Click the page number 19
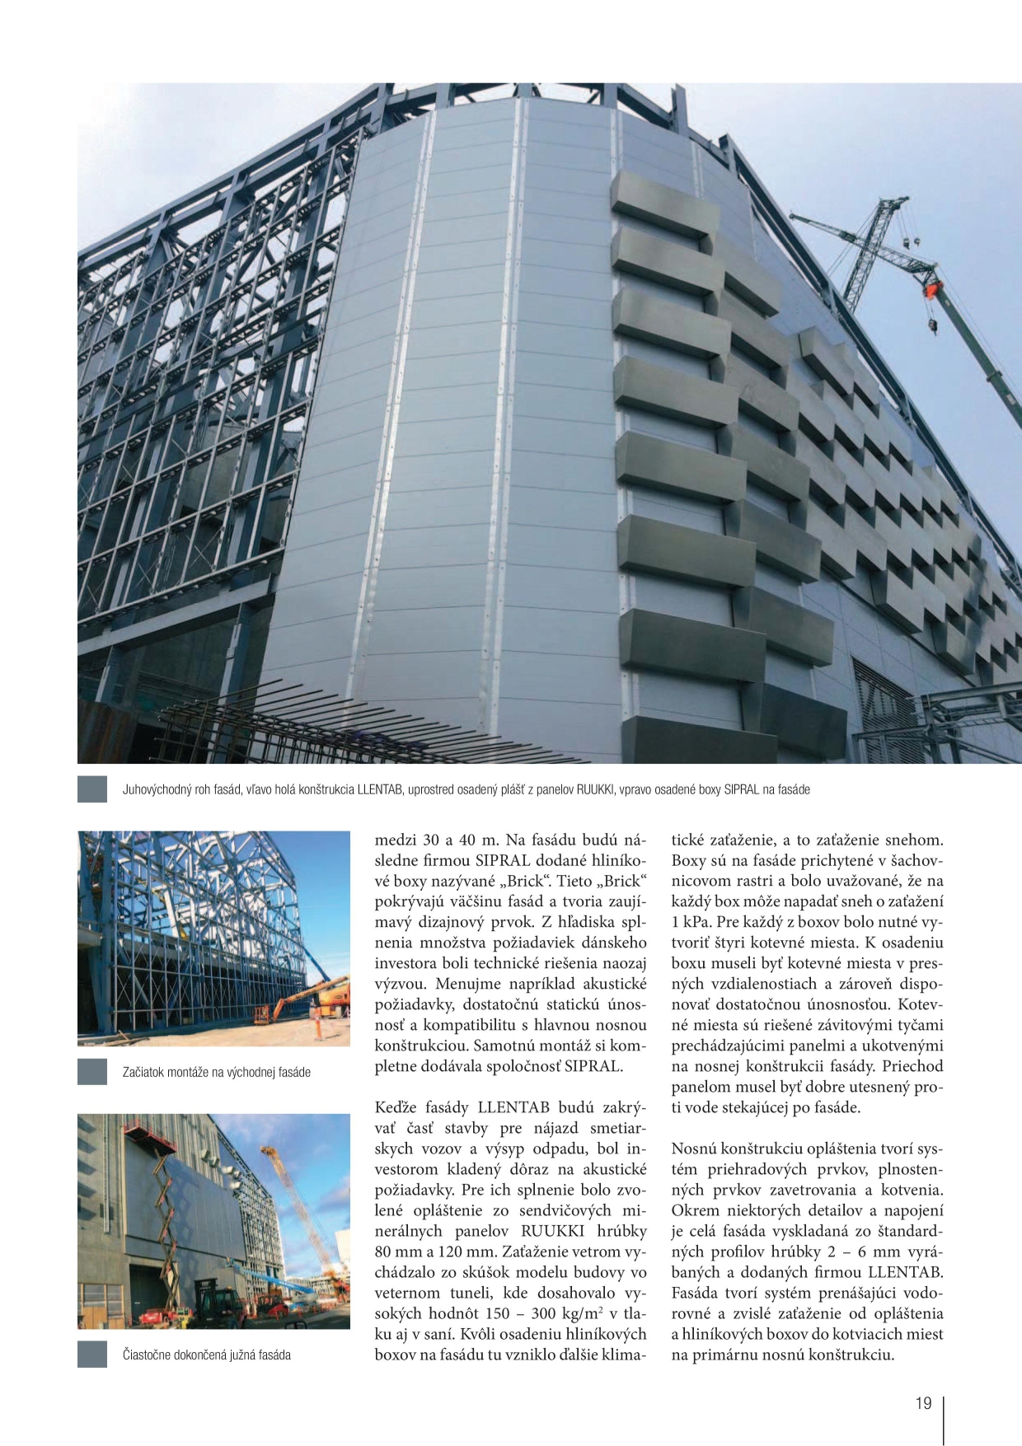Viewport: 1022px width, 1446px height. click(x=923, y=1403)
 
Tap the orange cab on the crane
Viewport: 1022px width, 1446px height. click(x=935, y=288)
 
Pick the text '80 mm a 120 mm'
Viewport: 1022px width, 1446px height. click(x=425, y=1252)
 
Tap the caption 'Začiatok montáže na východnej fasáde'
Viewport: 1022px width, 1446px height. click(x=216, y=1072)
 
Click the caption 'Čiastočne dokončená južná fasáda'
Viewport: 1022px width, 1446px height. click(x=206, y=1355)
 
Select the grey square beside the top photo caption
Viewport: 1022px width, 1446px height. click(x=92, y=789)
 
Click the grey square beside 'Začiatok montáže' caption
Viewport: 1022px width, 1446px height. click(x=92, y=1072)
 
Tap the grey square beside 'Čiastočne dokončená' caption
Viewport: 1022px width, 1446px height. click(x=92, y=1355)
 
